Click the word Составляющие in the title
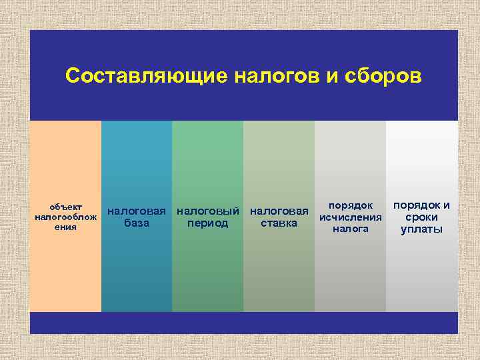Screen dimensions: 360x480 click(x=146, y=76)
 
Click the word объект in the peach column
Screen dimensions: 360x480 click(x=66, y=206)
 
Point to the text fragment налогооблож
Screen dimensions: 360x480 click(x=66, y=217)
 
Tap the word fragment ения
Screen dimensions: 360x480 click(x=66, y=227)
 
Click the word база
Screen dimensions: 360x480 click(x=137, y=223)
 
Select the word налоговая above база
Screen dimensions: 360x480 click(x=137, y=211)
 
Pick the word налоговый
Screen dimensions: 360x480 click(x=208, y=211)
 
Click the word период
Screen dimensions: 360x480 click(x=208, y=223)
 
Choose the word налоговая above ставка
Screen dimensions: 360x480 click(x=279, y=211)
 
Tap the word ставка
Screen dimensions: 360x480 click(x=279, y=223)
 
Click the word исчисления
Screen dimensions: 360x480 click(x=351, y=217)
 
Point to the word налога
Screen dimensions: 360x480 click(x=351, y=229)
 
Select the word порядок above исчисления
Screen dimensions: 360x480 click(x=351, y=205)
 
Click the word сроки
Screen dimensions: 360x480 click(x=421, y=217)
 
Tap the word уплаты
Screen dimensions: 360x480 click(x=421, y=229)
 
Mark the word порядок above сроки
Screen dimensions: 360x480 click(x=415, y=205)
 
